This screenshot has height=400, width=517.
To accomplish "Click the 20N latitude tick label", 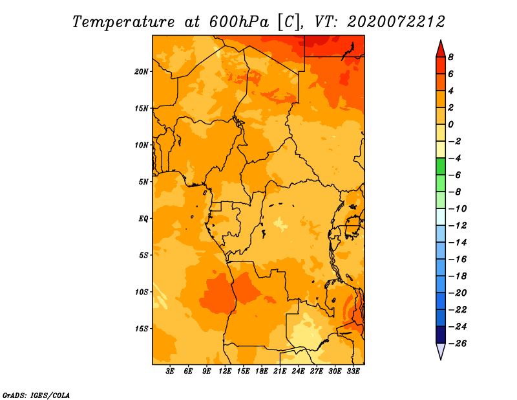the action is [142, 71].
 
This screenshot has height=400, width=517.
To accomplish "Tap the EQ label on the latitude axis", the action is [143, 218].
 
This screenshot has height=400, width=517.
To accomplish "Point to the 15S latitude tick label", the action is [142, 329].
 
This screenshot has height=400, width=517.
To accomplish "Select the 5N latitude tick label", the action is [143, 182].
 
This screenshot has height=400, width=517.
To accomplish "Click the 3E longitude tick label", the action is [170, 372].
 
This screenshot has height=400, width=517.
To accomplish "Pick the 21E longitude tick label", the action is [280, 372].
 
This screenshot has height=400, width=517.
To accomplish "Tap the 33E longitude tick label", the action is [353, 372].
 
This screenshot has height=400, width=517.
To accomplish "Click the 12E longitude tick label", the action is [225, 372].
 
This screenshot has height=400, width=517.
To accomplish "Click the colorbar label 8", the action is [450, 57].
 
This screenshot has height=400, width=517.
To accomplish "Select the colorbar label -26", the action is [458, 344].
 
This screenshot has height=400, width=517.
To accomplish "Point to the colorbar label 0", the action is [450, 124].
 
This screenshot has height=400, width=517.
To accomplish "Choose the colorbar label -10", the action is [458, 209].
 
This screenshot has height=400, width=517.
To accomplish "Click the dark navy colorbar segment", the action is [441, 335].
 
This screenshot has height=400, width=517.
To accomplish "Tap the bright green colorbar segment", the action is [441, 166].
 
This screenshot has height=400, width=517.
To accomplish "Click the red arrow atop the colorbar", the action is [441, 49].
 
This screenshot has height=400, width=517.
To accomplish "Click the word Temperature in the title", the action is [123, 22].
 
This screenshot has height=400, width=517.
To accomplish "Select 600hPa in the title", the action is [239, 22].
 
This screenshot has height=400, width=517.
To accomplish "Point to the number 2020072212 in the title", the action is [396, 22].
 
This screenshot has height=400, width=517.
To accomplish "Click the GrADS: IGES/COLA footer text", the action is [36, 395].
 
